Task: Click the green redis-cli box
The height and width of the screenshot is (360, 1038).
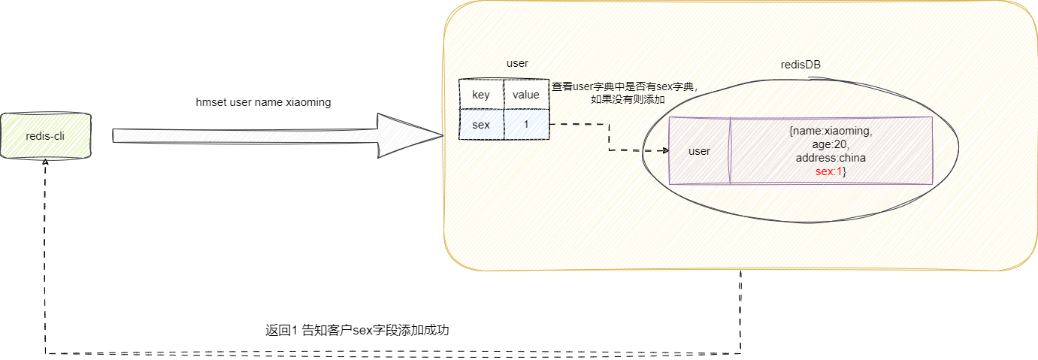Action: click(x=46, y=136)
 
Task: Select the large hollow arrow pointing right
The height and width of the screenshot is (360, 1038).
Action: click(x=278, y=136)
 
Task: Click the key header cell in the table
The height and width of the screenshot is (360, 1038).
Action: click(x=481, y=95)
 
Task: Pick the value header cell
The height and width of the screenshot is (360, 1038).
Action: click(x=525, y=95)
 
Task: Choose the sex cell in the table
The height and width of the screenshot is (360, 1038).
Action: click(x=481, y=125)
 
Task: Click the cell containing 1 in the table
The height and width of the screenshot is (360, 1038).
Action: click(x=525, y=125)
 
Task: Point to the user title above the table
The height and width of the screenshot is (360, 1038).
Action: click(x=517, y=64)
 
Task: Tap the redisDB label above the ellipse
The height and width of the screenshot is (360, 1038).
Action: click(x=800, y=65)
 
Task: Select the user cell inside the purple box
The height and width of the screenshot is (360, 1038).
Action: click(x=699, y=151)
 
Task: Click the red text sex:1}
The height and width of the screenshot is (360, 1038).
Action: click(x=831, y=172)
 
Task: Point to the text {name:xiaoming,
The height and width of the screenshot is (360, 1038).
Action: click(x=831, y=131)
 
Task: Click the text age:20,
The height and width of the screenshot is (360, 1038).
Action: click(x=831, y=144)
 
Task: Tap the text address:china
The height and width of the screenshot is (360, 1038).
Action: click(x=831, y=158)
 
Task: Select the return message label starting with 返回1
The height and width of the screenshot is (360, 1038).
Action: click(x=357, y=330)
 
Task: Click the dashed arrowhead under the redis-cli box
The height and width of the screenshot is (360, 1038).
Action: click(x=47, y=162)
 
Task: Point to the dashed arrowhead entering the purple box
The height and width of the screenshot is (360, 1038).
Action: click(x=664, y=150)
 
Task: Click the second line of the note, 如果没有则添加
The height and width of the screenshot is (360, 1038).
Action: click(x=628, y=99)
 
